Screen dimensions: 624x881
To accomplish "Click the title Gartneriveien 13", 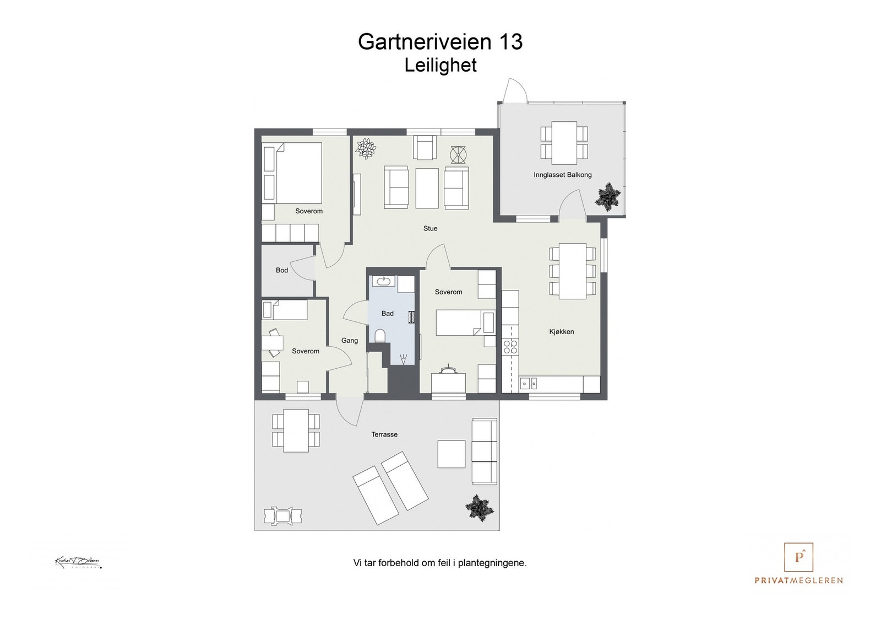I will [x=440, y=42].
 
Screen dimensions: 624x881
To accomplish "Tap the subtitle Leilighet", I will [x=440, y=65].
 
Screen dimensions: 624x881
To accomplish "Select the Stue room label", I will [x=430, y=228].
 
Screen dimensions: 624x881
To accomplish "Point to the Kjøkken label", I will [x=561, y=331].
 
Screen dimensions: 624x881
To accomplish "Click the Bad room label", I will [x=387, y=313].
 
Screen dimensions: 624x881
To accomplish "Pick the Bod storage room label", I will [x=281, y=270].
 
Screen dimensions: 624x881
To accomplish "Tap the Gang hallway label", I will [x=349, y=340].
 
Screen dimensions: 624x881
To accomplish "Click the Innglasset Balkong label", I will [x=562, y=175].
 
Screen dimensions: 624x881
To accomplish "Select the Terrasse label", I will [x=384, y=434].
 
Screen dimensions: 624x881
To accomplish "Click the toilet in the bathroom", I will [x=380, y=335].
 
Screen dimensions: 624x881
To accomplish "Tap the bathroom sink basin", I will [x=383, y=282].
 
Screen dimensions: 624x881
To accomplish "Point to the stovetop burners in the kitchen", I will [x=510, y=346].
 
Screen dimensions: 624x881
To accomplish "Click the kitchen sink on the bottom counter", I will [x=529, y=382].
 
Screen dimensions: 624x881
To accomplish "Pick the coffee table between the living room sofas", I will [x=427, y=188].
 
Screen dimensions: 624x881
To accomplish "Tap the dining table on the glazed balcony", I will [x=564, y=142].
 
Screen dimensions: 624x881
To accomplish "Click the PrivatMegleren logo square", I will [x=798, y=557].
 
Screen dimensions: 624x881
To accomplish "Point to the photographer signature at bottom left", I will [x=78, y=563].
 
